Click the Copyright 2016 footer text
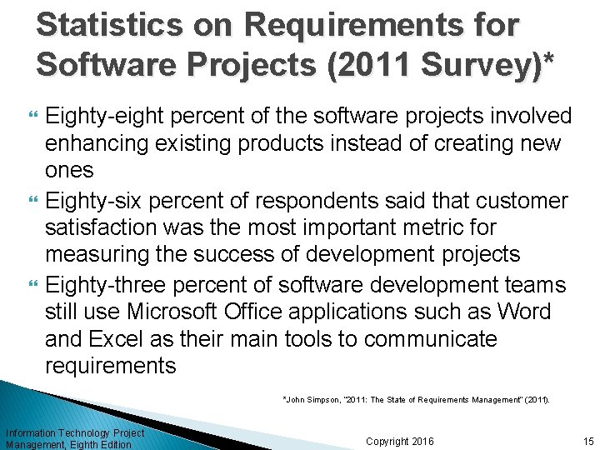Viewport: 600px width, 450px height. click(399, 441)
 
